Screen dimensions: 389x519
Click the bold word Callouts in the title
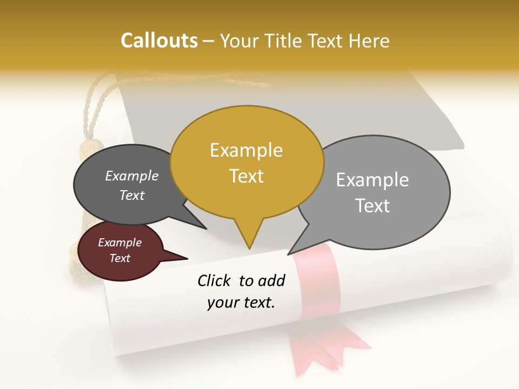(x=159, y=41)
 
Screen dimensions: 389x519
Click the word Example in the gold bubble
(x=247, y=150)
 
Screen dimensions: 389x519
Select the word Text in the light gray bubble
(x=372, y=206)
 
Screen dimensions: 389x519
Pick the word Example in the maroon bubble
(x=119, y=243)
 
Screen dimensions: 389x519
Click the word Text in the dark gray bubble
(x=132, y=196)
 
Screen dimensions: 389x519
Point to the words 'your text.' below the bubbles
(x=241, y=303)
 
